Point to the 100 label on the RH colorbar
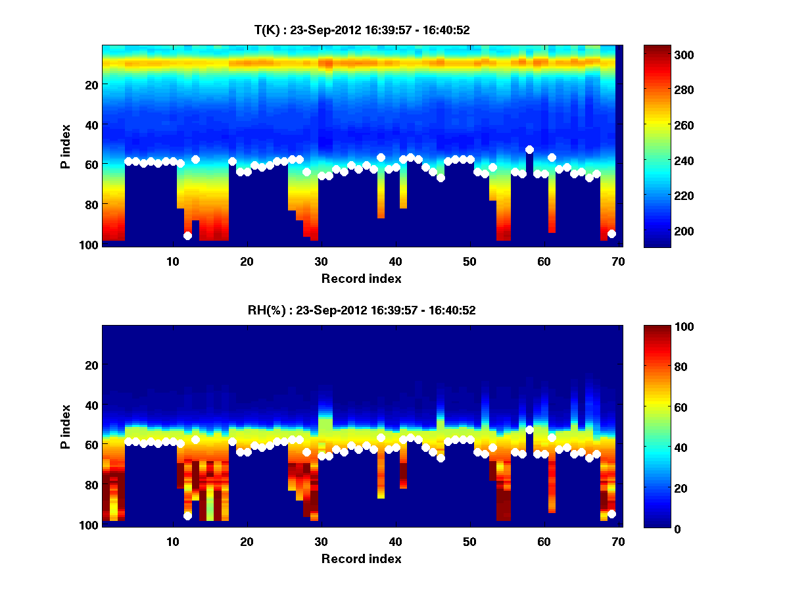661,327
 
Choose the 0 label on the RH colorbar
656,528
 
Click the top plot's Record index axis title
361,279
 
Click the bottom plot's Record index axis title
361,559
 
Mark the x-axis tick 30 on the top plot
321,261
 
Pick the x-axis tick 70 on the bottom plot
618,541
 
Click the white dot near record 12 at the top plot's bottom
187,235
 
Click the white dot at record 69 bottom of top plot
611,234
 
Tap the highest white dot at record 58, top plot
529,149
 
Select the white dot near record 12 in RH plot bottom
187,516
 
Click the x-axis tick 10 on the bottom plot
172,541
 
